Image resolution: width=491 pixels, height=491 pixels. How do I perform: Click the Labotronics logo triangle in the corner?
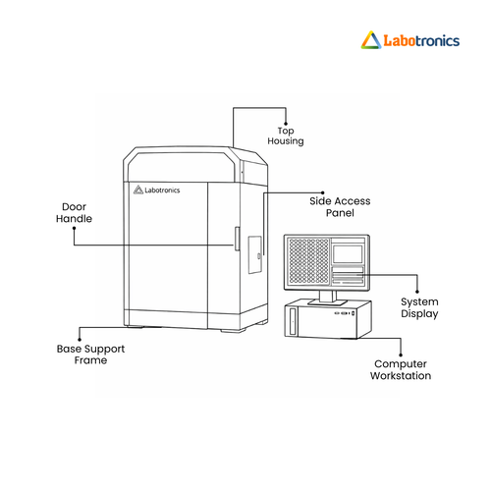click(371, 40)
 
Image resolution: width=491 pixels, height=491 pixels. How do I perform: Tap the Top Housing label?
click(286, 136)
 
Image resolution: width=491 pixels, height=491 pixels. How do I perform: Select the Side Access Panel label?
click(340, 207)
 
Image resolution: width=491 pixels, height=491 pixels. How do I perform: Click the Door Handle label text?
click(74, 213)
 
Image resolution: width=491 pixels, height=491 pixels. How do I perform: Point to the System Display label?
click(419, 307)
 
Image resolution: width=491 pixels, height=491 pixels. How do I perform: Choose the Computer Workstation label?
click(401, 370)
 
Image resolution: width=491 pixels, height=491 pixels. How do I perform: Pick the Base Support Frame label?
click(90, 355)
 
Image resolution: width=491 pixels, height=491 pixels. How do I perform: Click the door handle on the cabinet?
click(237, 239)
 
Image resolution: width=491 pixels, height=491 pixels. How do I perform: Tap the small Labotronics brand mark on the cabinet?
click(157, 190)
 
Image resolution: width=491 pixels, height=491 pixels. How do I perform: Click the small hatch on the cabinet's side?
click(255, 254)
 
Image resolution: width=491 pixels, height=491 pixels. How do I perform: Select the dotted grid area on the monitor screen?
click(308, 261)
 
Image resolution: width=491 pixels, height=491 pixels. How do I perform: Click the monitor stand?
click(327, 299)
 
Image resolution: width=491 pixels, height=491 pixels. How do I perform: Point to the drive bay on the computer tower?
click(293, 321)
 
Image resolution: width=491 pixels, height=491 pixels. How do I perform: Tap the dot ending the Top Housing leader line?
click(286, 124)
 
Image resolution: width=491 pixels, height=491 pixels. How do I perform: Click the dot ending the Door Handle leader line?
click(74, 229)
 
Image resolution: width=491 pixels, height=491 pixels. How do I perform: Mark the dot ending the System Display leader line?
click(417, 292)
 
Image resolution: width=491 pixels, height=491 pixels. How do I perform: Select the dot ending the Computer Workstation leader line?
click(401, 355)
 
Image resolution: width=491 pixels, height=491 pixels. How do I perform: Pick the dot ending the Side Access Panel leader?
click(323, 192)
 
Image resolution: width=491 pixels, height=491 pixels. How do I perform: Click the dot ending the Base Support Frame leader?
click(80, 340)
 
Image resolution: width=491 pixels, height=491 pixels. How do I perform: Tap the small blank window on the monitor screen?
click(348, 253)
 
